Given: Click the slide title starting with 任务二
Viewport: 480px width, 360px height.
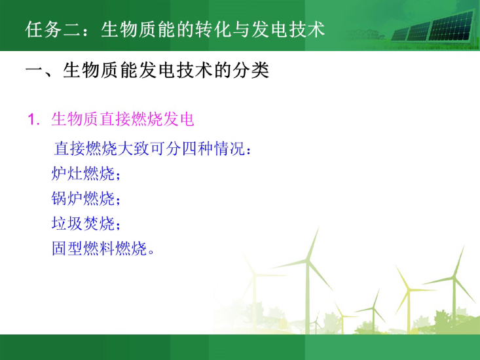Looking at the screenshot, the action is pyautogui.click(x=175, y=29).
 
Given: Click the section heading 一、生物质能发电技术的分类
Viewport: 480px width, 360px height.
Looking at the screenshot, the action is pyautogui.click(x=147, y=70).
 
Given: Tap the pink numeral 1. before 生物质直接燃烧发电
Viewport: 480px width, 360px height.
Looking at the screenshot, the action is pyautogui.click(x=33, y=119).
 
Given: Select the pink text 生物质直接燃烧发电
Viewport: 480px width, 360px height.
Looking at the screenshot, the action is pyautogui.click(x=122, y=119).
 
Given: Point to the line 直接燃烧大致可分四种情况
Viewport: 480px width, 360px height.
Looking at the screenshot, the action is pyautogui.click(x=153, y=149).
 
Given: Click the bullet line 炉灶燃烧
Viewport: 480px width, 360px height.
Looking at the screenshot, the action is pyautogui.click(x=86, y=173).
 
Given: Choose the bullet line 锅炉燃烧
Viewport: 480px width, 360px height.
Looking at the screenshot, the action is pyautogui.click(x=86, y=198).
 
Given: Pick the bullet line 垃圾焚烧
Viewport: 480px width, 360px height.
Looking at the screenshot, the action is pyautogui.click(x=86, y=223).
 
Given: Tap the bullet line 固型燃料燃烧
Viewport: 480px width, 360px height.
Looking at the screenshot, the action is pyautogui.click(x=103, y=248).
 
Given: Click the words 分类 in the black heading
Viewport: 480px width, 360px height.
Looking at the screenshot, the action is pyautogui.click(x=251, y=70).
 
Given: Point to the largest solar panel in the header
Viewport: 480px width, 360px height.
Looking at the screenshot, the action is pyautogui.click(x=451, y=27).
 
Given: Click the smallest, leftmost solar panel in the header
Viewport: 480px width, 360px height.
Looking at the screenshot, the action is pyautogui.click(x=400, y=35).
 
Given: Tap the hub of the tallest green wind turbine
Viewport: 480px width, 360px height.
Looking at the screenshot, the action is pyautogui.click(x=308, y=261).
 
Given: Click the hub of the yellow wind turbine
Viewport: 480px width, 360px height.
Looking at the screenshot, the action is pyautogui.click(x=408, y=290).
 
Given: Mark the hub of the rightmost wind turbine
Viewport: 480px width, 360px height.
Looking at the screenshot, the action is pyautogui.click(x=454, y=278).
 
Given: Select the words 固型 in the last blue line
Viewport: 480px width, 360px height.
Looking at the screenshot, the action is pyautogui.click(x=67, y=248).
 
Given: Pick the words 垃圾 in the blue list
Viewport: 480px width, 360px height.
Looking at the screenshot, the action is pyautogui.click(x=67, y=223).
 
